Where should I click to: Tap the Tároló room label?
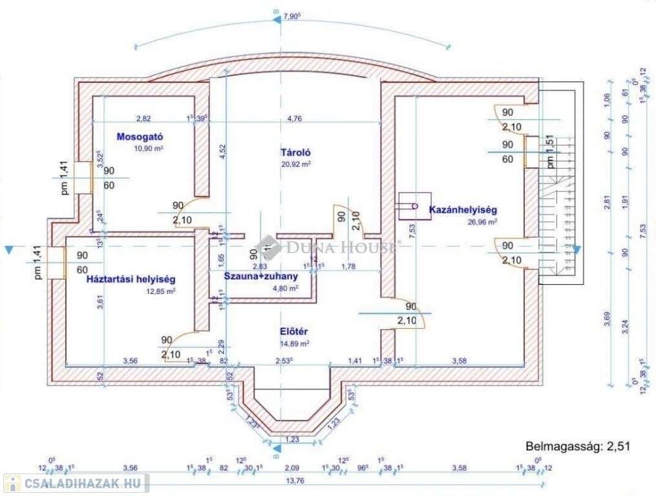296,153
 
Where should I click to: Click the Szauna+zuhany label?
260,276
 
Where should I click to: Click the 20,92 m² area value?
296,164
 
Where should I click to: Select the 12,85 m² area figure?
161,291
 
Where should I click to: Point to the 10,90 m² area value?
148,148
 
